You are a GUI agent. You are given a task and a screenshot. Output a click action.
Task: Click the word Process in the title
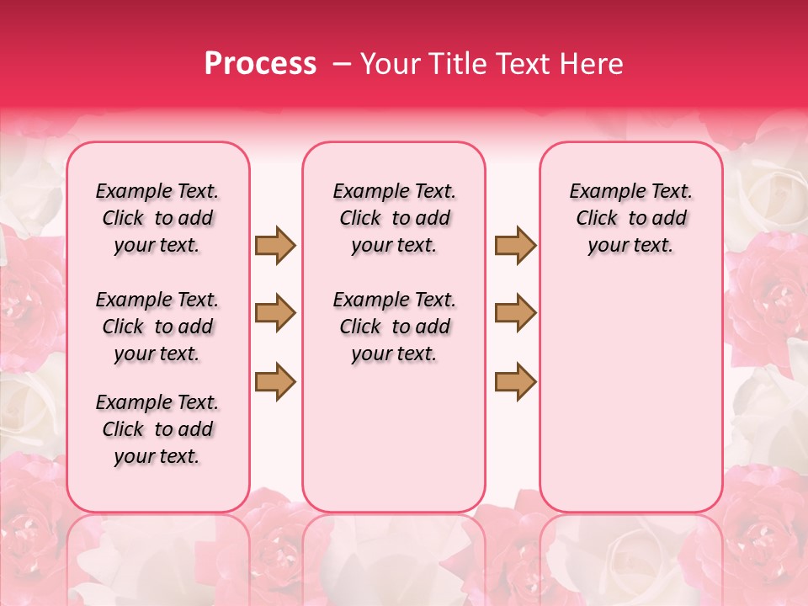click(260, 64)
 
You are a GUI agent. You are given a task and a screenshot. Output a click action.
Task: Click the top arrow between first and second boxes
click(275, 246)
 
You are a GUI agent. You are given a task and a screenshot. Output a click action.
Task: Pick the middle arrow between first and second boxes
click(275, 314)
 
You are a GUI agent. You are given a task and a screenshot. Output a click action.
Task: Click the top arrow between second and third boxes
click(515, 246)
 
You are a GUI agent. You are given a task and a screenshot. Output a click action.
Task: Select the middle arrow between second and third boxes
click(515, 314)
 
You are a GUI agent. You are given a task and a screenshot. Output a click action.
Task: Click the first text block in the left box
click(157, 219)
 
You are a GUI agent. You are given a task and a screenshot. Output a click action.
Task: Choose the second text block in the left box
click(157, 327)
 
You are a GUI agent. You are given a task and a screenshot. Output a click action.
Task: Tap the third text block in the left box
click(157, 429)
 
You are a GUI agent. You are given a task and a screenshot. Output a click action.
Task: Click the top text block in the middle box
click(395, 219)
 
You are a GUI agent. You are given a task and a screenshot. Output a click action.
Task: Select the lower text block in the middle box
click(395, 327)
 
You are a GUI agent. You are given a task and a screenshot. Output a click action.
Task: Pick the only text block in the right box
click(631, 219)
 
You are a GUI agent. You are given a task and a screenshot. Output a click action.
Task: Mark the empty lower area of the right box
click(631, 387)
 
